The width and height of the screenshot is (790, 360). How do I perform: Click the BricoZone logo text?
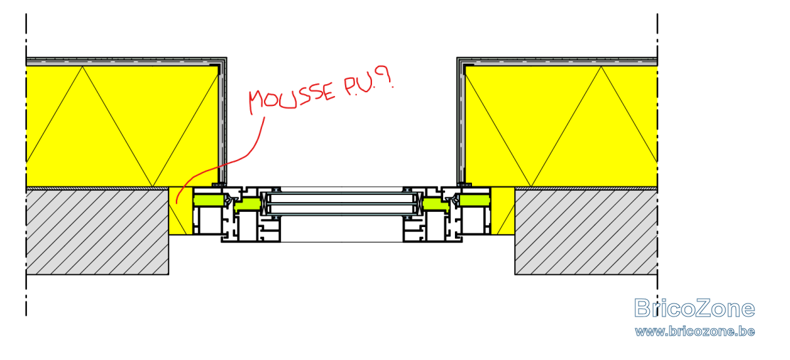click(x=694, y=308)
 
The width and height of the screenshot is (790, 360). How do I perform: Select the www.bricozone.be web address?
click(x=695, y=332)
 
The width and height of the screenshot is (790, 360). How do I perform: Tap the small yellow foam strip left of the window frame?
click(x=180, y=211)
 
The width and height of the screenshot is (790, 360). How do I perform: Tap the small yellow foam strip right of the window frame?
click(x=502, y=211)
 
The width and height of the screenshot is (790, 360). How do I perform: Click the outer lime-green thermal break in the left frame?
click(x=209, y=201)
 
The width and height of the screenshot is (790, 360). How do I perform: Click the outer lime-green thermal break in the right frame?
click(x=475, y=201)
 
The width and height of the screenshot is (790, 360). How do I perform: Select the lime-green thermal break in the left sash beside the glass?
click(x=248, y=205)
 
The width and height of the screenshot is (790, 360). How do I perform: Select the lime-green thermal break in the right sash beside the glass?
click(x=436, y=205)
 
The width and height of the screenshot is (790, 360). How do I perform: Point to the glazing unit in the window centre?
click(x=342, y=203)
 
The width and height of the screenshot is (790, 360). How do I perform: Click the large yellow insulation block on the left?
click(x=122, y=126)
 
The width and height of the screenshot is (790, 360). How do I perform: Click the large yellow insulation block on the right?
click(x=561, y=126)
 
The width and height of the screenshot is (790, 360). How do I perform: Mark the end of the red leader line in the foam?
click(x=176, y=203)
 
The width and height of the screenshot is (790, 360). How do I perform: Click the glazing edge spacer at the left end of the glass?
click(x=265, y=203)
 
